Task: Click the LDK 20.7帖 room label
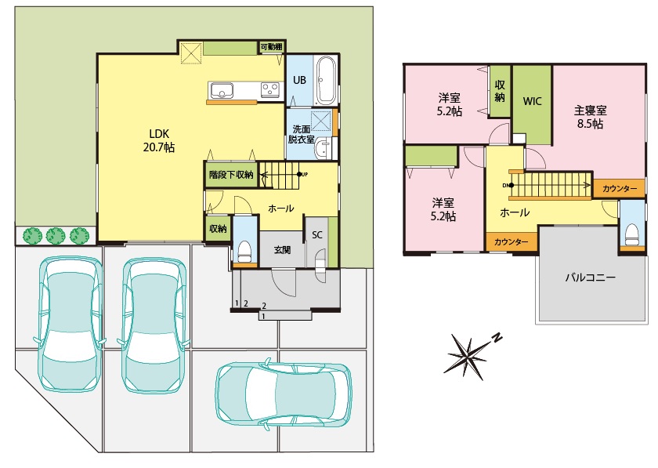pyautogui.click(x=159, y=141)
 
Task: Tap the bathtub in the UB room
pyautogui.click(x=325, y=81)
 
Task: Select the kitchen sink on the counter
pyautogui.click(x=222, y=90)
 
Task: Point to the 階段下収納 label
pyautogui.click(x=231, y=174)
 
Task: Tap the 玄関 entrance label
pyautogui.click(x=283, y=250)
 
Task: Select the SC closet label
pyautogui.click(x=316, y=235)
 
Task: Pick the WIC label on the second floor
pyautogui.click(x=532, y=101)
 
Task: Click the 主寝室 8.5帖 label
pyautogui.click(x=590, y=118)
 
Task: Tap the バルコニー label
pyautogui.click(x=590, y=278)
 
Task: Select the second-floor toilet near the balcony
pyautogui.click(x=631, y=233)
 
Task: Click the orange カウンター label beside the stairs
pyautogui.click(x=620, y=189)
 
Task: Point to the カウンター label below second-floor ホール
pyautogui.click(x=511, y=242)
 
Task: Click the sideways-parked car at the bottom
pyautogui.click(x=284, y=396)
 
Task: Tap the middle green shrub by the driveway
pyautogui.click(x=56, y=236)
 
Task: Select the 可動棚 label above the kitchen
pyautogui.click(x=271, y=46)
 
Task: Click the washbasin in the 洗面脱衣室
pyautogui.click(x=323, y=148)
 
